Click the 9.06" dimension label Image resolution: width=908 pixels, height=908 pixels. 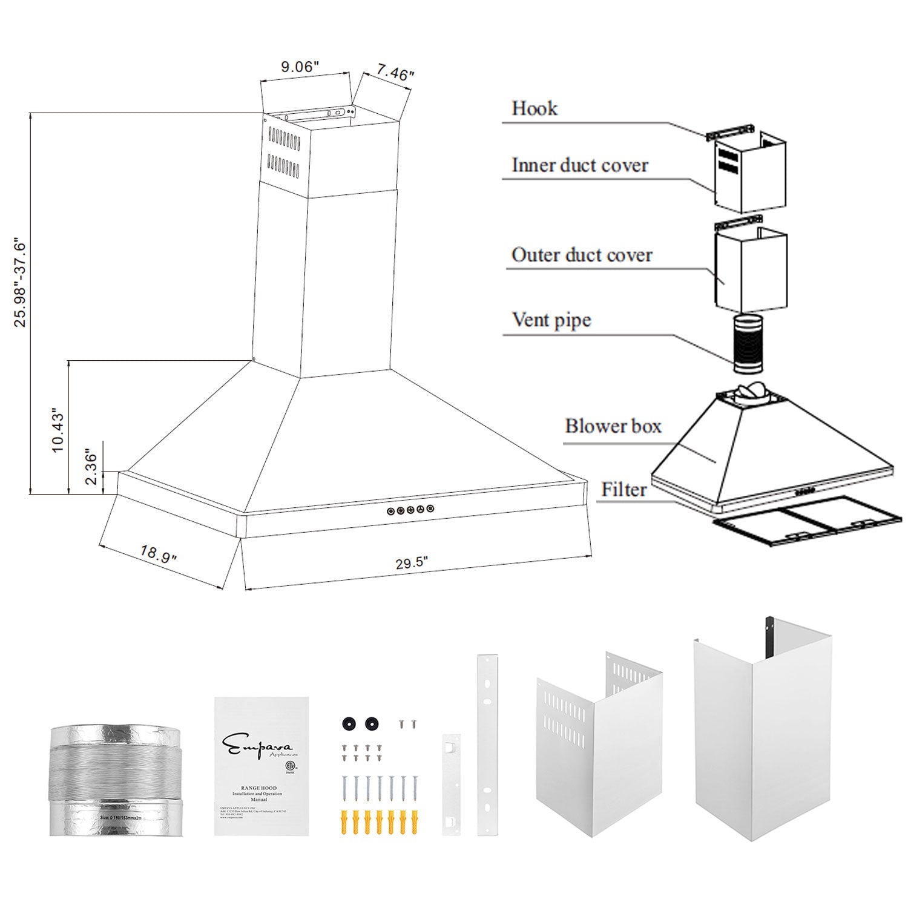click(299, 67)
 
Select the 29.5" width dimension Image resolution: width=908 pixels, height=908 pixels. click(412, 563)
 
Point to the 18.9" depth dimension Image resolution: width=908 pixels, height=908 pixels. click(158, 554)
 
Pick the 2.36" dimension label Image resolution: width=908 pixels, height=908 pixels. click(91, 467)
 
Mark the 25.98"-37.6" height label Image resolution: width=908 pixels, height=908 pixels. click(21, 282)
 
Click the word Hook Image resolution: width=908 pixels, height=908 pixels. click(534, 108)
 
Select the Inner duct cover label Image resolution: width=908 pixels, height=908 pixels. click(579, 165)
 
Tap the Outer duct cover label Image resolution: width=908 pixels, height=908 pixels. click(581, 255)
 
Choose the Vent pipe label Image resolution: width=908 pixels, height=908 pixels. click(551, 320)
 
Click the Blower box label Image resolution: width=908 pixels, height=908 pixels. click(613, 426)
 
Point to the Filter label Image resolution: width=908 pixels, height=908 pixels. click(623, 489)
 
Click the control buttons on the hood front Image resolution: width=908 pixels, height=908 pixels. click(410, 510)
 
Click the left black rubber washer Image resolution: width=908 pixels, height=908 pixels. click(349, 723)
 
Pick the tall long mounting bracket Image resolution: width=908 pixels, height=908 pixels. click(487, 745)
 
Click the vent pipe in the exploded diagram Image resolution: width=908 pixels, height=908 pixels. click(749, 344)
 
